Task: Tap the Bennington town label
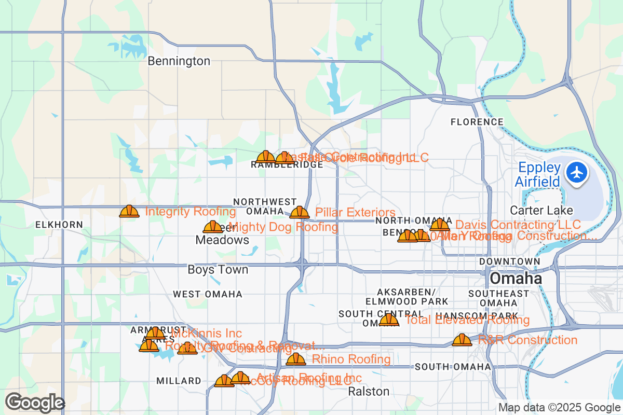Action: point(179,61)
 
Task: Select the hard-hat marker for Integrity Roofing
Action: point(129,211)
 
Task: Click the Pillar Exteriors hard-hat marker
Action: point(300,212)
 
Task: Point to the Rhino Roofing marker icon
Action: point(296,359)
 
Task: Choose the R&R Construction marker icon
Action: point(462,340)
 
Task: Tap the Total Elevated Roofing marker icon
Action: point(389,320)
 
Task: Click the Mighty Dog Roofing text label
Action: point(283,227)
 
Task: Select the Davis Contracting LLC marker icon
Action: point(440,225)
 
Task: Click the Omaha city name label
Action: point(516,279)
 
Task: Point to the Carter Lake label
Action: point(541,211)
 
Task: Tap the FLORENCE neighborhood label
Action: point(477,122)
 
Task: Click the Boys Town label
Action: point(218,270)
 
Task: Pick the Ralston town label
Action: point(369,391)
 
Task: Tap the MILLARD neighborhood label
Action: point(179,381)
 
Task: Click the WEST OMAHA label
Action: point(208,294)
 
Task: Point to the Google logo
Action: point(35,403)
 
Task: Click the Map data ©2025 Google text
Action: point(559,408)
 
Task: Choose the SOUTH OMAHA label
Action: point(453,367)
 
